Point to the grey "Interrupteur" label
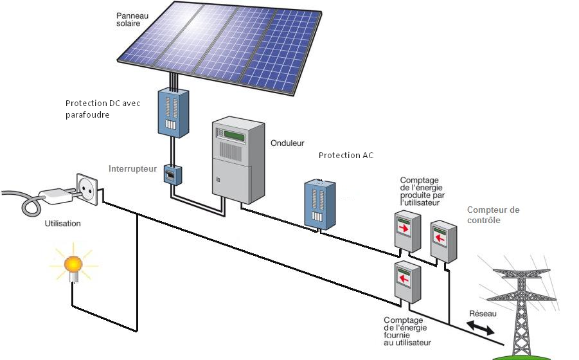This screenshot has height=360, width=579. click(x=132, y=168)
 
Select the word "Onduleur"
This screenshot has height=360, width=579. click(x=287, y=143)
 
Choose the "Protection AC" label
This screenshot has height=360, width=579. click(x=346, y=156)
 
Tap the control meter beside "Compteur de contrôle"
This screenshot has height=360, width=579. click(x=443, y=240)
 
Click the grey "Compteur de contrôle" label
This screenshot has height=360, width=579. click(x=493, y=215)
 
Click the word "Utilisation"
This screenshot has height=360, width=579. click(x=62, y=224)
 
